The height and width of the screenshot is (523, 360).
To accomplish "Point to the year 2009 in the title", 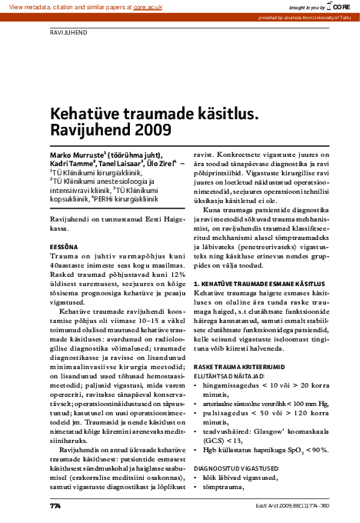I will click(141, 129).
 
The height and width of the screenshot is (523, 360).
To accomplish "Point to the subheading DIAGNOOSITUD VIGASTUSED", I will click(239, 468).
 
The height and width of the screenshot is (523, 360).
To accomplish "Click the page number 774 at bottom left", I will click(55, 506).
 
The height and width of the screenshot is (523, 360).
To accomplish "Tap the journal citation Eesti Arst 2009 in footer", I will click(278, 506).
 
